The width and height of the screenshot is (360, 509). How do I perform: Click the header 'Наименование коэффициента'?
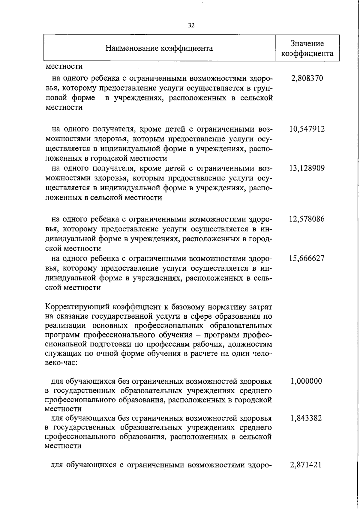pos(159,48)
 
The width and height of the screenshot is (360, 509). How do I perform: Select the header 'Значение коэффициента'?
pos(307,48)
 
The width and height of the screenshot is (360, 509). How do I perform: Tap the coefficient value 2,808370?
pos(307,79)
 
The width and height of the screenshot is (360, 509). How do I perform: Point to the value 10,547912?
pos(307,129)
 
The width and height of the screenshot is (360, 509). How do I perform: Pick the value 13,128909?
pos(307,168)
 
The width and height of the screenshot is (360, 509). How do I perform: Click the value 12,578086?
pos(307,219)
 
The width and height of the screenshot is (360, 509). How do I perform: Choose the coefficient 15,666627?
pos(307,258)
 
